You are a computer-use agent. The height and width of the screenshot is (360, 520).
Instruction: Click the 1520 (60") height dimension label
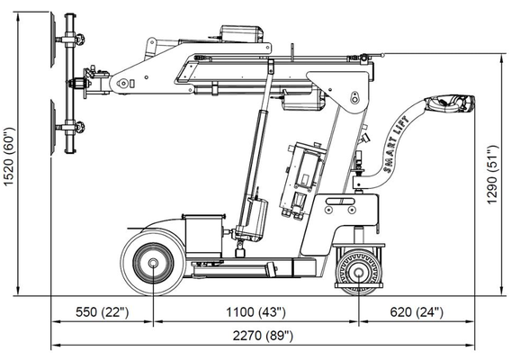(x=9, y=157)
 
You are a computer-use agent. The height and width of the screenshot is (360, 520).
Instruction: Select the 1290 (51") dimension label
(x=492, y=175)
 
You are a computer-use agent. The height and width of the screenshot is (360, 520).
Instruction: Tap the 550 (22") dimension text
(x=102, y=312)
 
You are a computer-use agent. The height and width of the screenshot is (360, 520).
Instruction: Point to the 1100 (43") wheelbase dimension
(x=256, y=312)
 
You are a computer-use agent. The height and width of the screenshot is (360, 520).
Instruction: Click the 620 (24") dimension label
(x=417, y=312)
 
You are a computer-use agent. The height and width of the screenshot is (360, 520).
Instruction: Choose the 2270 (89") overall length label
(x=263, y=336)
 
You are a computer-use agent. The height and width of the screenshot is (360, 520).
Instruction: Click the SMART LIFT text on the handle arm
(x=396, y=145)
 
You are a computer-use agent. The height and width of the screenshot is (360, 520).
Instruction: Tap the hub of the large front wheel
(x=153, y=263)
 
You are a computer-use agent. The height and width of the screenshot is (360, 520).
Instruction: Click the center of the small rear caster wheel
(x=359, y=273)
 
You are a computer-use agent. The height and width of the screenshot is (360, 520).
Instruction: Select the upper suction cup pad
(x=53, y=40)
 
